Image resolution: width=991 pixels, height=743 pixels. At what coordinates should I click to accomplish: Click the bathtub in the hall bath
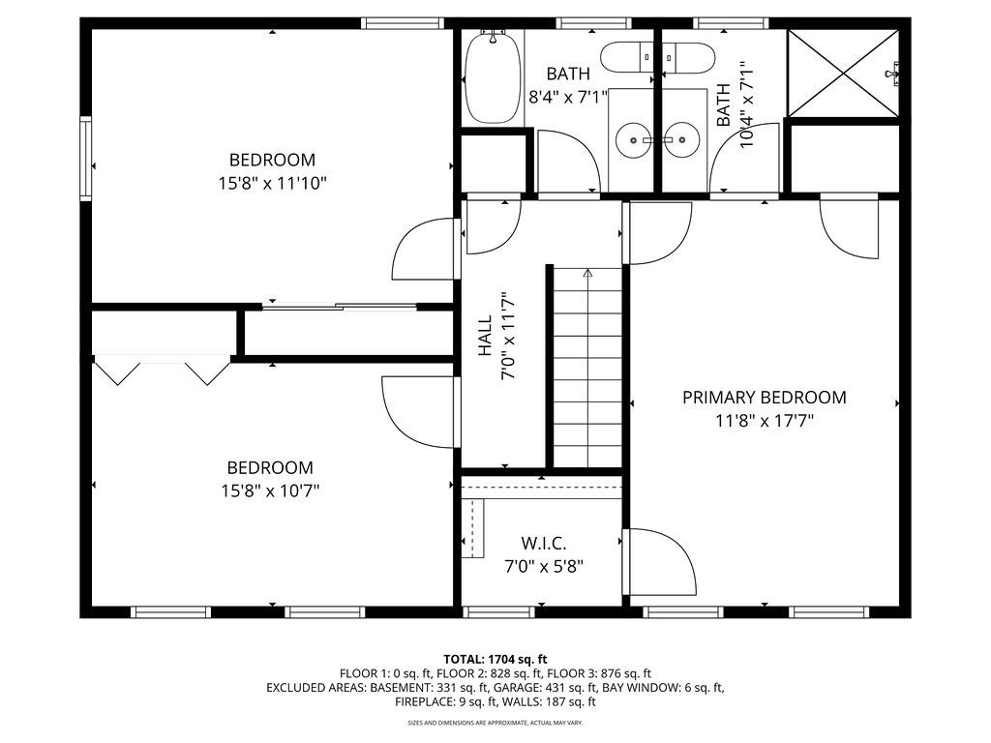click(x=493, y=77)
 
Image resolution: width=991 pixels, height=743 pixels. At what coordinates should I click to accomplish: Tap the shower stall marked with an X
click(x=843, y=74)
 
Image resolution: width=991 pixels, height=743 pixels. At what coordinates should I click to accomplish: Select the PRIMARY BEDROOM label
click(x=765, y=398)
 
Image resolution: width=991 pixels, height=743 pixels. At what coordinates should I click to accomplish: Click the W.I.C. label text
click(x=544, y=543)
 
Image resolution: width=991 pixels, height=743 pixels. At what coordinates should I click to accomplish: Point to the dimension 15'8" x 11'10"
click(x=272, y=184)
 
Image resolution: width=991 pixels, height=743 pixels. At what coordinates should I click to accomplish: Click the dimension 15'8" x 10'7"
click(x=270, y=490)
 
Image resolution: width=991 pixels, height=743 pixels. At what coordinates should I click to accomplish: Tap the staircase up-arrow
click(x=588, y=273)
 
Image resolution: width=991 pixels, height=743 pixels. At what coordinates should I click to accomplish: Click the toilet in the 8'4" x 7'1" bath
click(x=626, y=57)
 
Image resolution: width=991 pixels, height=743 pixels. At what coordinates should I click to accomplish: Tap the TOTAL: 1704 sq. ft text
click(x=495, y=660)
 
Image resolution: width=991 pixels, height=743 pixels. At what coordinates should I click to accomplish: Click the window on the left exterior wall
click(x=85, y=158)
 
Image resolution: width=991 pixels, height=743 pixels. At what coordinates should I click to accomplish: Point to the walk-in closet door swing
click(x=660, y=562)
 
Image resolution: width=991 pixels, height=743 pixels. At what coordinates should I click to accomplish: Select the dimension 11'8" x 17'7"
click(x=765, y=421)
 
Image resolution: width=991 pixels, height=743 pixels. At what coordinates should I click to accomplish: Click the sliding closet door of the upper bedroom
click(x=340, y=307)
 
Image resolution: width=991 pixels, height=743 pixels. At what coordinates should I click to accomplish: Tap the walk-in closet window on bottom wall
click(x=499, y=611)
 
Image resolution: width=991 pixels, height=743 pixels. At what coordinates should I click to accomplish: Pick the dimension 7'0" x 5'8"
click(x=544, y=566)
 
